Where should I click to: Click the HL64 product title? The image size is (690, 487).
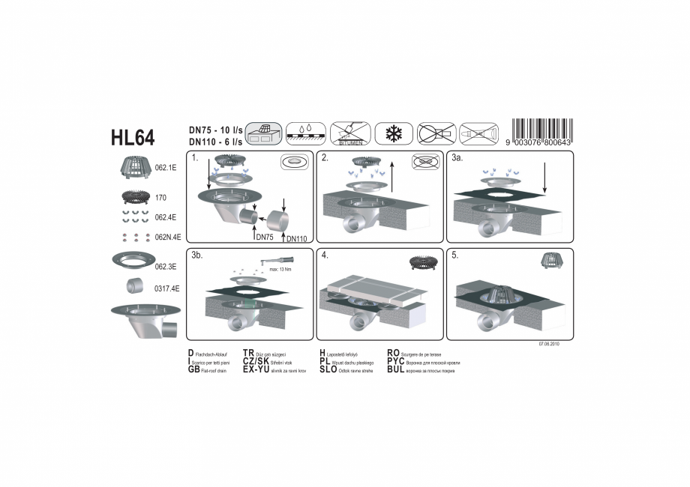[133, 138]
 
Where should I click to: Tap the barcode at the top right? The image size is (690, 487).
[538, 133]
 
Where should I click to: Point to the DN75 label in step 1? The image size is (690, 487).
[263, 237]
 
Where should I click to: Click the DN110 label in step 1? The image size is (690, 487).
[296, 239]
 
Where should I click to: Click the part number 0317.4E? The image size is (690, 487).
[165, 288]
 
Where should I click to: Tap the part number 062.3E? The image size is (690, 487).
[165, 266]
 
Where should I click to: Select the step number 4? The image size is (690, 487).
[325, 255]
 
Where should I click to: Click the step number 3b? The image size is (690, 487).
[196, 255]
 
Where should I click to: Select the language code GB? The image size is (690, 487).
[193, 369]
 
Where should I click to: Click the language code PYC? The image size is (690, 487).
[396, 361]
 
